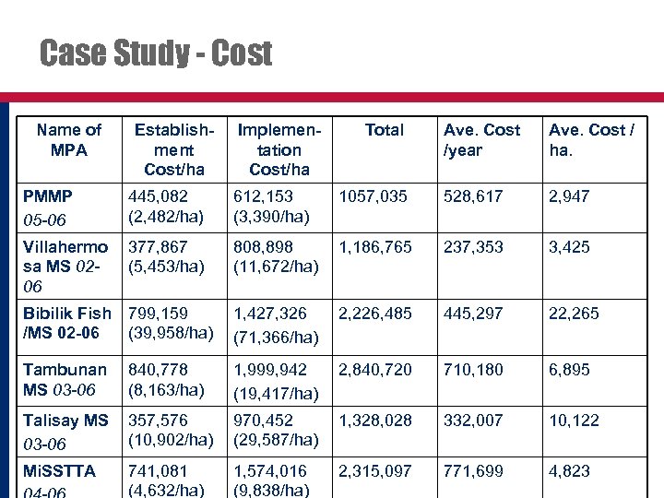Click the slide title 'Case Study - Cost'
[156, 53]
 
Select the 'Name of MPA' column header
[69, 139]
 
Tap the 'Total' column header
[384, 130]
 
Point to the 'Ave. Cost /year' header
[481, 139]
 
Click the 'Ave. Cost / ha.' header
[591, 139]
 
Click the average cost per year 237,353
[473, 247]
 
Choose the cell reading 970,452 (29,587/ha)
[276, 430]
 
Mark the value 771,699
[473, 471]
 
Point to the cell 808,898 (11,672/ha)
[276, 256]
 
